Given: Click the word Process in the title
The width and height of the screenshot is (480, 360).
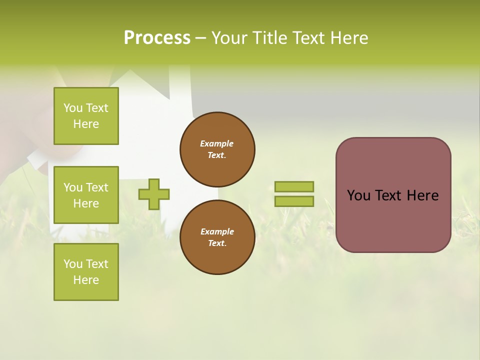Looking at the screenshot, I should click(x=157, y=38).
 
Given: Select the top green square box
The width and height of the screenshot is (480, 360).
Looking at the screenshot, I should click(x=86, y=116).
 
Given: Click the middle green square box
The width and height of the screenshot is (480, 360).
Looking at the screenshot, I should click(x=86, y=195).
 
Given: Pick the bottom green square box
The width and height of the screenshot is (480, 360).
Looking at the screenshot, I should click(x=86, y=272).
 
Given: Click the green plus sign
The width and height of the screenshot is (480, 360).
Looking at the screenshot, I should click(x=154, y=194).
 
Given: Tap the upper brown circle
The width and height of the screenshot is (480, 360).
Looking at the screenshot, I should click(x=217, y=149).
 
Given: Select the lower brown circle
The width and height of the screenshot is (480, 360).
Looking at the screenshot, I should click(x=217, y=237).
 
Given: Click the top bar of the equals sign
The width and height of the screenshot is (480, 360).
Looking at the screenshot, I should click(x=294, y=186).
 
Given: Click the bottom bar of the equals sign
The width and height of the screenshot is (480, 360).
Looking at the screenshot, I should click(x=294, y=201).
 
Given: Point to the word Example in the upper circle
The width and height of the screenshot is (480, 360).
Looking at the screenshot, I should click(x=217, y=143).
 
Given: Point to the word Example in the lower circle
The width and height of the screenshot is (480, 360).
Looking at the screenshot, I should click(x=217, y=231).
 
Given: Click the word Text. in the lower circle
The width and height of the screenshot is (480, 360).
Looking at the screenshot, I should click(x=217, y=243).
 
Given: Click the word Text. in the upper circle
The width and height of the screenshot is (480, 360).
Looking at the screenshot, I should click(x=217, y=155).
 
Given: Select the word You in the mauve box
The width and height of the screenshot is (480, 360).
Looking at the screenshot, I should click(x=358, y=195).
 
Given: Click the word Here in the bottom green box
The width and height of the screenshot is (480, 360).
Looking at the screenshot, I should click(x=86, y=280).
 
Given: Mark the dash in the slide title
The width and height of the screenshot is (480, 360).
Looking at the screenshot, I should click(x=200, y=38).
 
